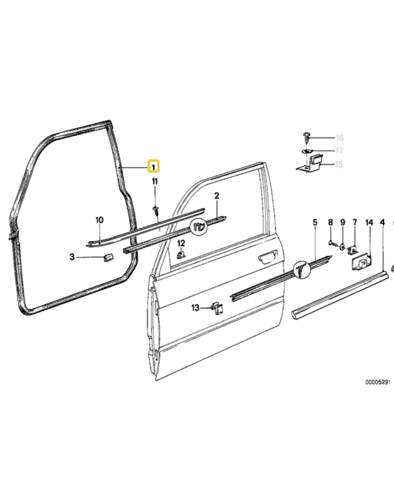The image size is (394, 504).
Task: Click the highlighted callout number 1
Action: (x=154, y=166)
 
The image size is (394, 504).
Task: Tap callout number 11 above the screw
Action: (x=155, y=182)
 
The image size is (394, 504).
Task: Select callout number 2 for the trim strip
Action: (x=217, y=196)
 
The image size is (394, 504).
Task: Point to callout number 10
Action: (x=99, y=220)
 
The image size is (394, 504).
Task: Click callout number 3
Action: (x=72, y=257)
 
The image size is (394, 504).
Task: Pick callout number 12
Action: (x=181, y=243)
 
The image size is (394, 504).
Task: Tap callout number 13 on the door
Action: (x=195, y=308)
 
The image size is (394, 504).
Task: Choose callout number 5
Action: (x=315, y=222)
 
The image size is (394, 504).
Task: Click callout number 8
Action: (x=330, y=222)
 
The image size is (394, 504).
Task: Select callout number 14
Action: (x=369, y=222)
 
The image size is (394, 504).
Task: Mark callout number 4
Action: (x=382, y=222)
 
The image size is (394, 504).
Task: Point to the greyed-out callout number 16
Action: (x=340, y=138)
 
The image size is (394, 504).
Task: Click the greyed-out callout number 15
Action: (x=339, y=164)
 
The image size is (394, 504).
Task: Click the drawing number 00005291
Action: (x=378, y=382)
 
